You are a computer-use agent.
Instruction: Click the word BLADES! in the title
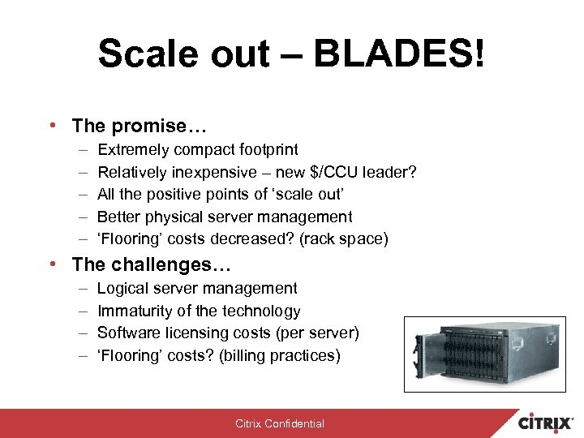coord(399,54)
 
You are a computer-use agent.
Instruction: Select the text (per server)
coord(318,333)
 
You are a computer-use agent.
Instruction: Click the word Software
coord(128,333)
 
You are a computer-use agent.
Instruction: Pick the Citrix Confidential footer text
coord(280,423)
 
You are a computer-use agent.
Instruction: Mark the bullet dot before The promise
coord(51,127)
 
